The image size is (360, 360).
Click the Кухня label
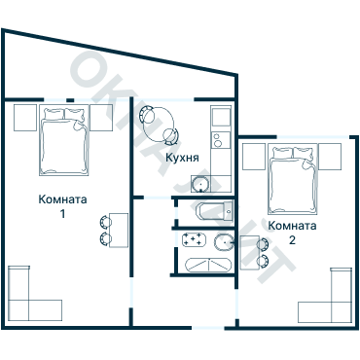(x=183, y=157)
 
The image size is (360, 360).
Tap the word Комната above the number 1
(x=62, y=200)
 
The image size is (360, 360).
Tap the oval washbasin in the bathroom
(x=223, y=242)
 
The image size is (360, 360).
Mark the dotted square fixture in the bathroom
(x=192, y=238)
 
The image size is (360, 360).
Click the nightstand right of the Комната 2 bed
(x=331, y=154)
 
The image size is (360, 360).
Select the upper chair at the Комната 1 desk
(x=105, y=222)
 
